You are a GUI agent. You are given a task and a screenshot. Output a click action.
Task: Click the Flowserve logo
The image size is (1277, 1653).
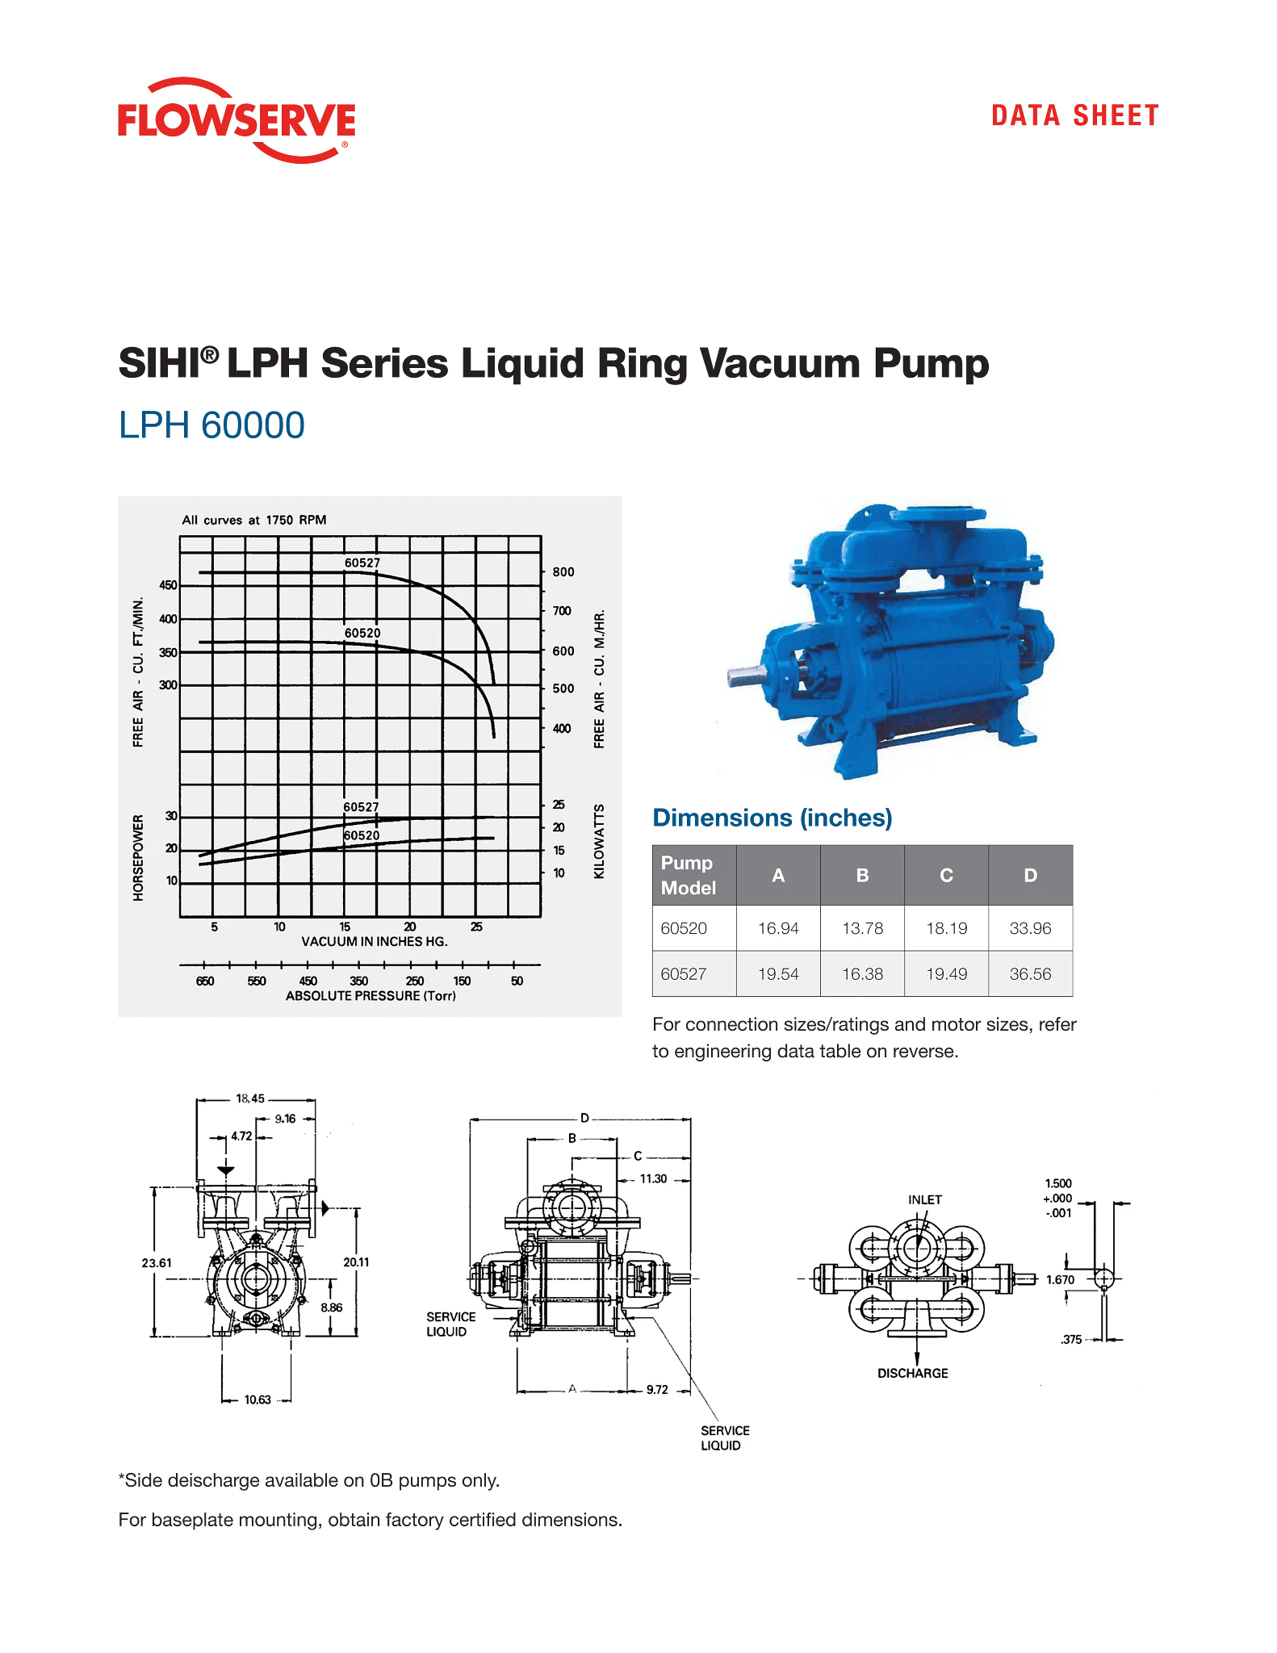point(235,119)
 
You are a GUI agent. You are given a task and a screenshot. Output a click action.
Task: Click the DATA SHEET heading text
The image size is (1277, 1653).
point(1074,116)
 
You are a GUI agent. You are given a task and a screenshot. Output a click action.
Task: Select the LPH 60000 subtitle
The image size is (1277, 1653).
point(211,425)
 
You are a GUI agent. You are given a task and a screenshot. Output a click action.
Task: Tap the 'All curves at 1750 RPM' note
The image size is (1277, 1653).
point(254,520)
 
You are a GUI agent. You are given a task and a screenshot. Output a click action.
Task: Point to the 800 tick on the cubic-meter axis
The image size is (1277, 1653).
point(563,571)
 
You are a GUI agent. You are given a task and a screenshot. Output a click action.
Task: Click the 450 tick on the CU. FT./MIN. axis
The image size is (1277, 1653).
point(168,585)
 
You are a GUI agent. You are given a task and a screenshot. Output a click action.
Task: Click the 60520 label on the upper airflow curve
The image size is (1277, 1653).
point(362,633)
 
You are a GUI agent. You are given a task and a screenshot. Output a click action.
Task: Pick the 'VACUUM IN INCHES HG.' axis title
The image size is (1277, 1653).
point(375,941)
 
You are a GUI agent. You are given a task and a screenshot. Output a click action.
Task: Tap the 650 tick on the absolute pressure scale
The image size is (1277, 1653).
point(205,981)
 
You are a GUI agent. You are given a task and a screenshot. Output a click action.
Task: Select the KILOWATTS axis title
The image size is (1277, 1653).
point(599,841)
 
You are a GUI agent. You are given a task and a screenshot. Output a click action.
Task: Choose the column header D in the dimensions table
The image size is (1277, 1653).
point(1030,875)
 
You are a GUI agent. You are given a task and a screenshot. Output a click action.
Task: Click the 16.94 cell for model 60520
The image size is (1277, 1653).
point(778,928)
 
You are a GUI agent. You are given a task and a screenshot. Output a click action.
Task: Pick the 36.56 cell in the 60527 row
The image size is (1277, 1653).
point(1030,974)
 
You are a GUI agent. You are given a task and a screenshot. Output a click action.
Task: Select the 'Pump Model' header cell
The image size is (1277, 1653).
point(689,875)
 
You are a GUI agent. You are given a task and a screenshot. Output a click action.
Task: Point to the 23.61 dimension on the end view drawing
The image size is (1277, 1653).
point(157,1263)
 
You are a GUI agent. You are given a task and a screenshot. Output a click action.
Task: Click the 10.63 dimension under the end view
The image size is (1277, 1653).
point(257,1400)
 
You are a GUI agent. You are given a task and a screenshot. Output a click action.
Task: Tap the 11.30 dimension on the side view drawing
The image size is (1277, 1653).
point(653,1178)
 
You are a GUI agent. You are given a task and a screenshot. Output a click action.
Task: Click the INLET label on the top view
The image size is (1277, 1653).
point(924,1199)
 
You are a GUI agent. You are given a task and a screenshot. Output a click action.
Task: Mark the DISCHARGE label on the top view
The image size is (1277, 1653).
point(912,1373)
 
